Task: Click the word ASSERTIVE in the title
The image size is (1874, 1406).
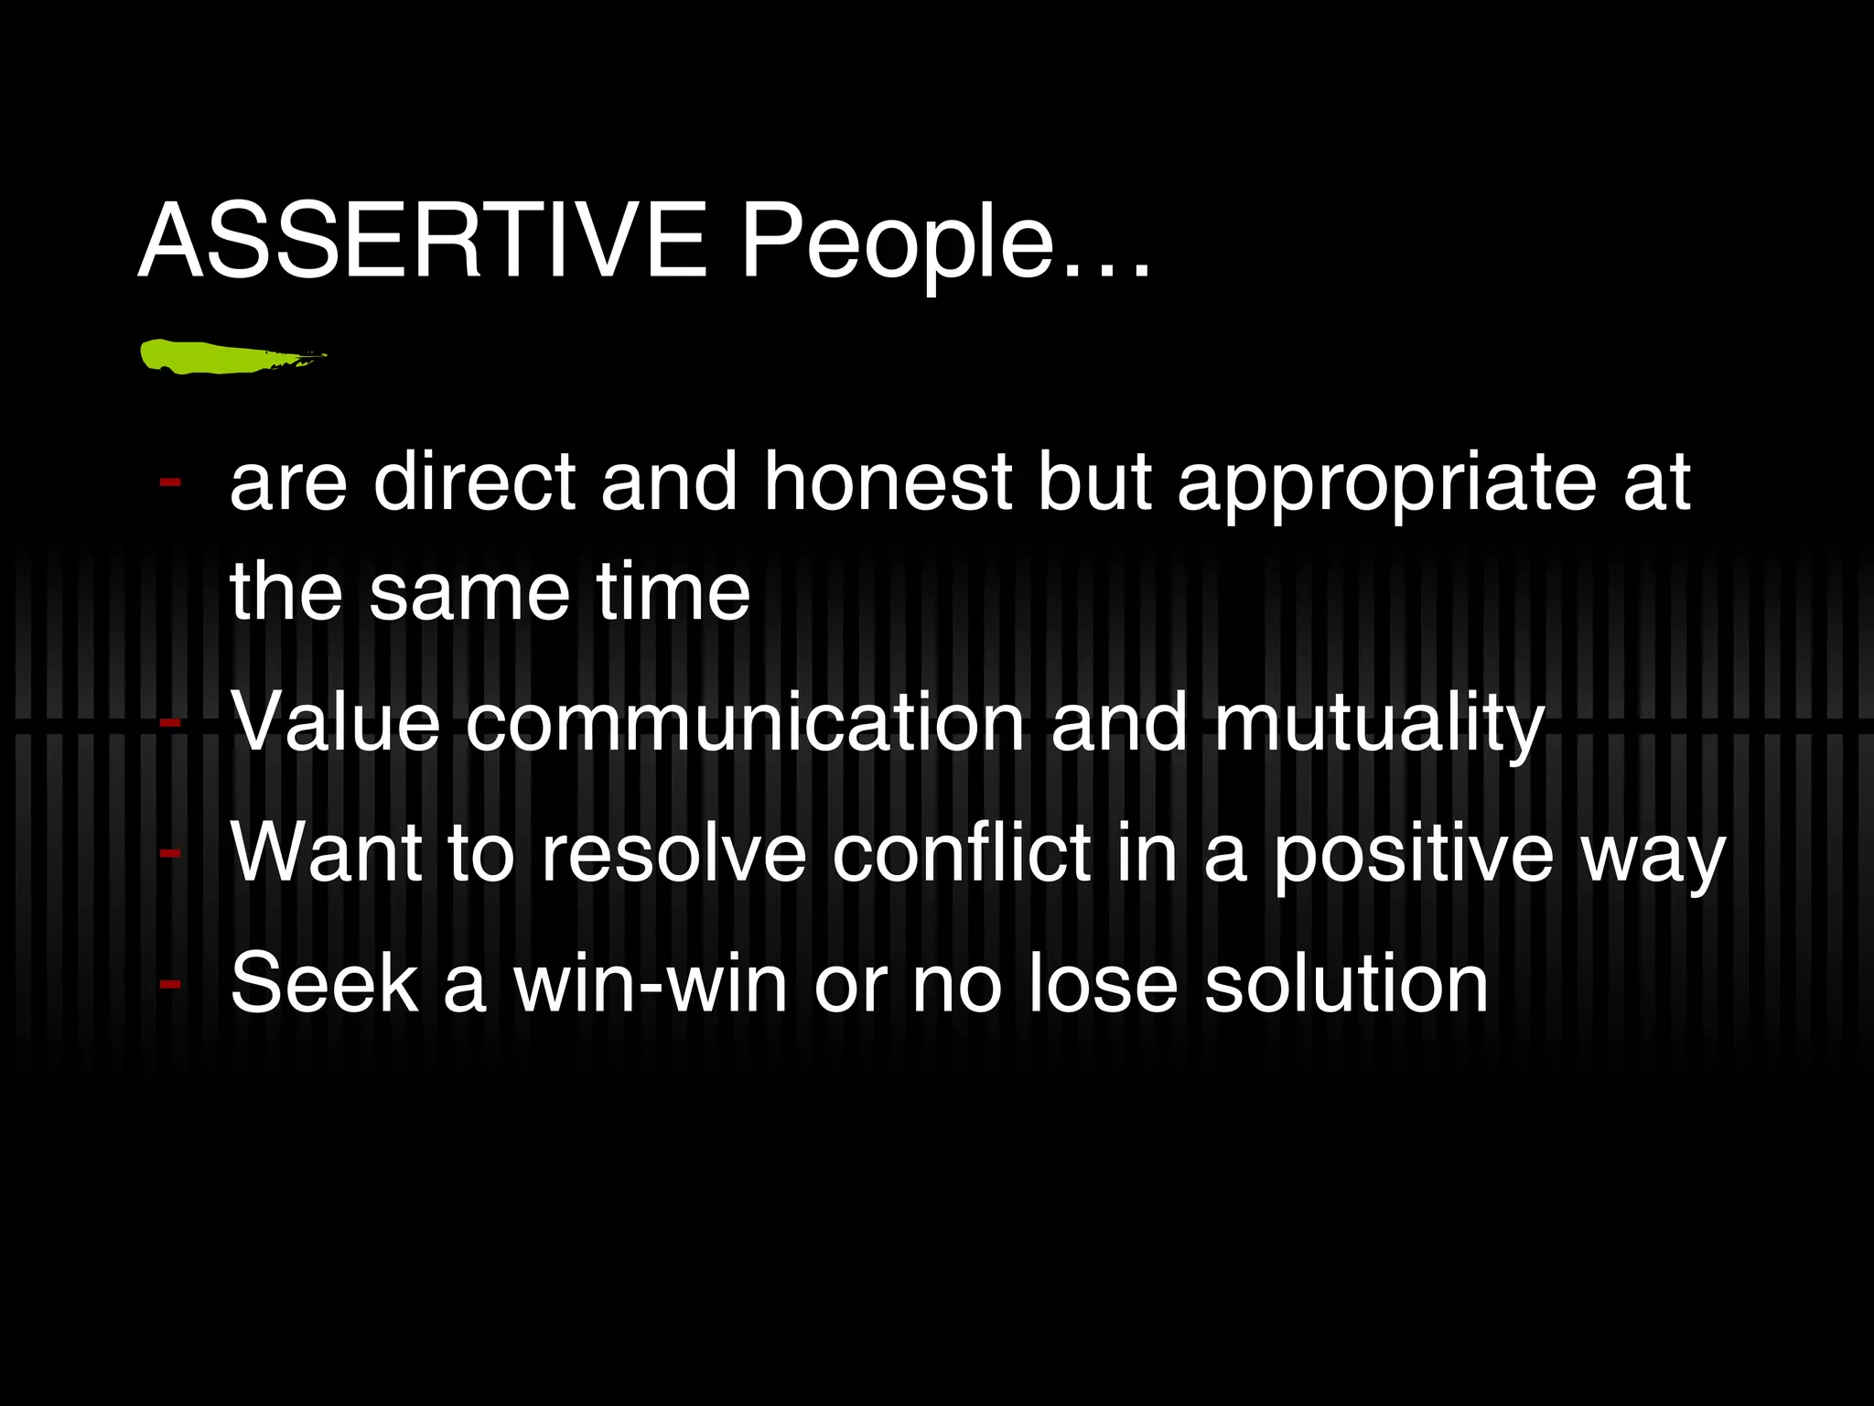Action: tap(423, 241)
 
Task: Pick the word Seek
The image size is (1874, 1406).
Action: tap(325, 983)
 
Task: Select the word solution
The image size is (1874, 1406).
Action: tap(1346, 983)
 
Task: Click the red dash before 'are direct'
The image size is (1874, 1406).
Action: tap(169, 481)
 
